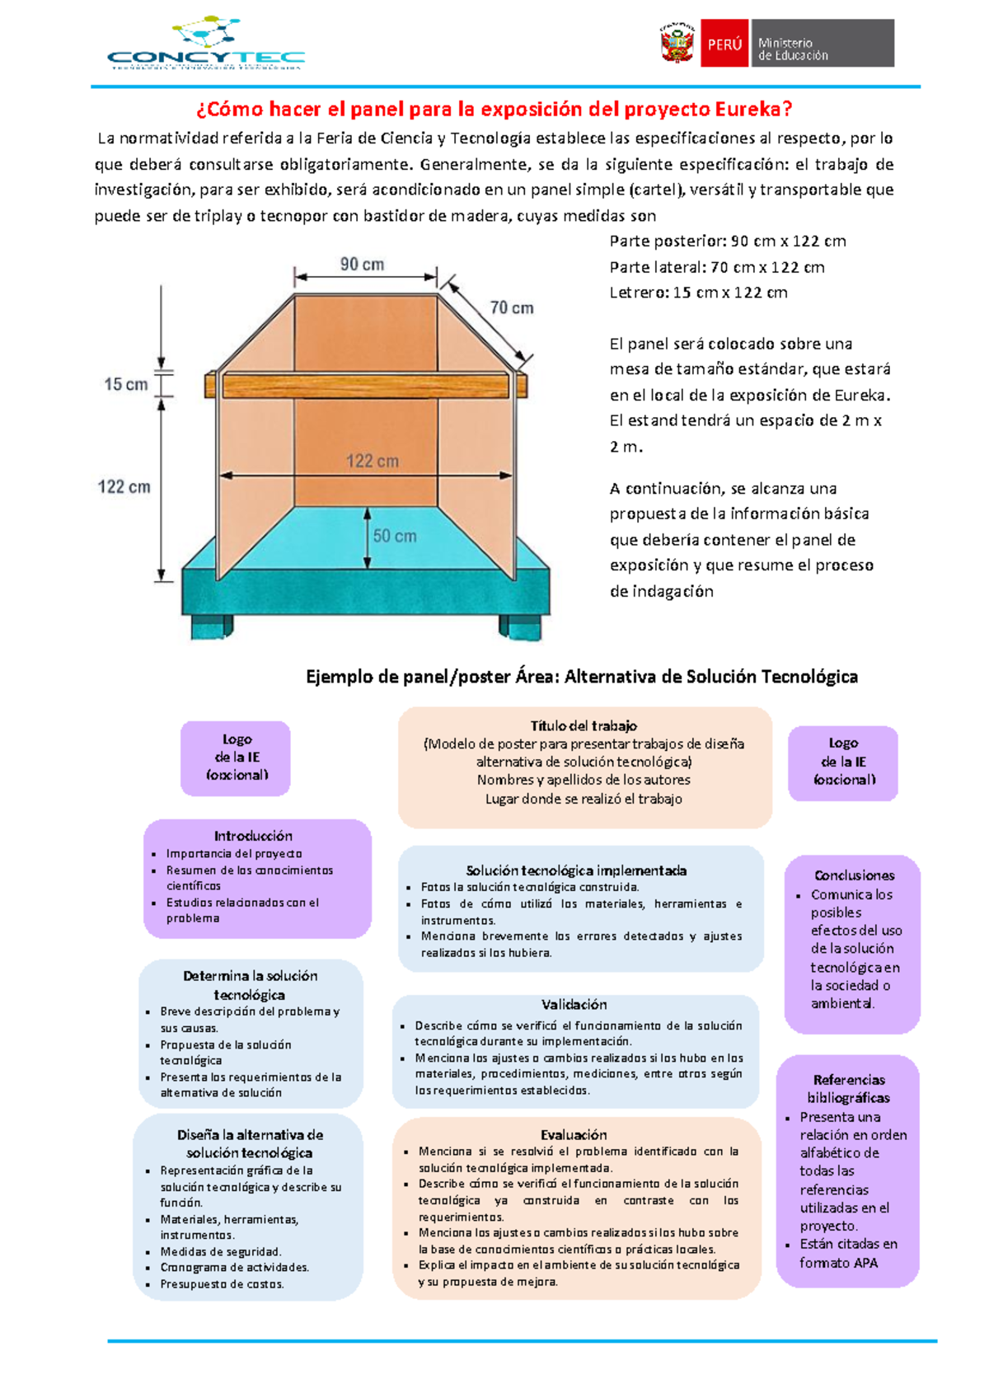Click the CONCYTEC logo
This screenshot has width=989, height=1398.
coord(205,45)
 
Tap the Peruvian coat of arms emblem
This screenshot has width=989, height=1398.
coord(677,44)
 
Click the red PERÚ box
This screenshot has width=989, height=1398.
coord(724,44)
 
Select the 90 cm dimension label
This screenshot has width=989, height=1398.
coord(363,265)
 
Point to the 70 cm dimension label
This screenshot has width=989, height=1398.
coord(512,308)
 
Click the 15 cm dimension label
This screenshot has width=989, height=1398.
coord(125,384)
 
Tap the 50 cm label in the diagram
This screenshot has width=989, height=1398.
coord(395,536)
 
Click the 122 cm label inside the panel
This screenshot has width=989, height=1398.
coord(372,462)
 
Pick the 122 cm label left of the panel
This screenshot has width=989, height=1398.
coord(124,487)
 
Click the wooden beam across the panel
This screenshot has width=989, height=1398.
coord(367,386)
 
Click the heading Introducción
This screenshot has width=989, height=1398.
coord(253,836)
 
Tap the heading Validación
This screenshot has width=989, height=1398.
coord(574,1005)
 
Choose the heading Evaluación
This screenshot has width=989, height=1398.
coord(574,1135)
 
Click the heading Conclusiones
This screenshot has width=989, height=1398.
coord(854,875)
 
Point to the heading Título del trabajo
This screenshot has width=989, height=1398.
coord(584,726)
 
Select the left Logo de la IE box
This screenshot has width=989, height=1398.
coord(237,758)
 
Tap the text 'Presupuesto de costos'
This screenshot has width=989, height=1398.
coord(222,1284)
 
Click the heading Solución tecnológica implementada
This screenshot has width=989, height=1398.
coord(576,870)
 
